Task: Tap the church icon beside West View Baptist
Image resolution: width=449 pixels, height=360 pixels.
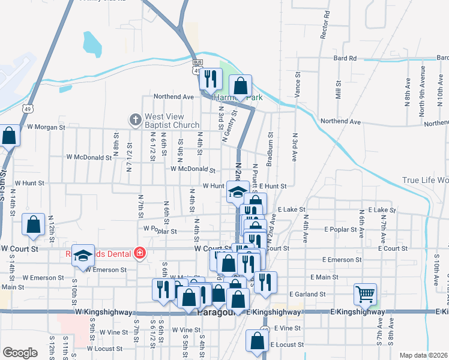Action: (134, 121)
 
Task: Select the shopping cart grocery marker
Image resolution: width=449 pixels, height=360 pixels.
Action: (365, 294)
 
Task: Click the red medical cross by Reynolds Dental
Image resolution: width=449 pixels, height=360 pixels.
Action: (140, 253)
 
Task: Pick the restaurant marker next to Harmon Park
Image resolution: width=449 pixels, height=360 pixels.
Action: (211, 79)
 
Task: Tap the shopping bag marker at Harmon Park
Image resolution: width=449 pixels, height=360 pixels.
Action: (240, 86)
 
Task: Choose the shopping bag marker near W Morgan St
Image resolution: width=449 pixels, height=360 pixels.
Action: (9, 136)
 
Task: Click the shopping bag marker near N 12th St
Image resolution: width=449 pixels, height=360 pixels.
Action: (34, 224)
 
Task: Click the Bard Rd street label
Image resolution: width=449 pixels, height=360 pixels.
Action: (345, 58)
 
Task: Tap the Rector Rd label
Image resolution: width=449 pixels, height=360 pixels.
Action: (325, 25)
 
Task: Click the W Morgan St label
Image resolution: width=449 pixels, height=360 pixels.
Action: (46, 127)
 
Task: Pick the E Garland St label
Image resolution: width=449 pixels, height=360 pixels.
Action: (307, 294)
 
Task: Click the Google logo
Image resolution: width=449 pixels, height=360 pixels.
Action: (20, 353)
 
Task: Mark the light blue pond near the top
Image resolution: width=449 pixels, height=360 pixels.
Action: (92, 43)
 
